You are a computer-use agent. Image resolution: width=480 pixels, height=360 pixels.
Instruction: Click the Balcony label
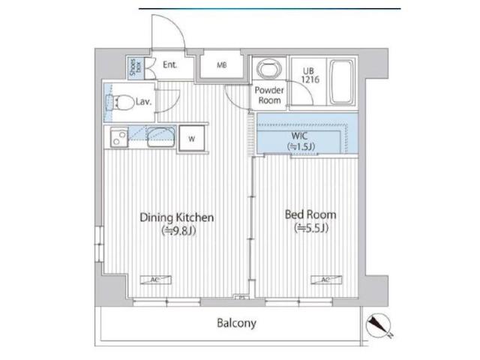click(x=236, y=323)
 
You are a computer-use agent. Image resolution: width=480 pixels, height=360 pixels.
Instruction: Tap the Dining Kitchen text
click(x=177, y=217)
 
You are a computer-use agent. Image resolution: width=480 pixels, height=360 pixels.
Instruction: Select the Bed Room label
click(x=310, y=214)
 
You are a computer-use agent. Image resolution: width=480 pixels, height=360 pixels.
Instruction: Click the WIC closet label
click(x=300, y=136)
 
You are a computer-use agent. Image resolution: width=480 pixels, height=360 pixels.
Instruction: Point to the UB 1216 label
click(x=310, y=75)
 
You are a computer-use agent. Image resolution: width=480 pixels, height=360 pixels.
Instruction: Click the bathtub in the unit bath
click(x=342, y=82)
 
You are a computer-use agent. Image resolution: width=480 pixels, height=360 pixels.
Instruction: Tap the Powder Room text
click(x=269, y=95)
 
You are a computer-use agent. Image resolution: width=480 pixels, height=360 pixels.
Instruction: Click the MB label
click(x=222, y=65)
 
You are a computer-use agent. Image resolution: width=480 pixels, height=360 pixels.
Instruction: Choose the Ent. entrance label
click(x=170, y=65)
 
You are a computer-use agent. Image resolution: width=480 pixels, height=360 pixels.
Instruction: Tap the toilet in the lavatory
click(x=121, y=102)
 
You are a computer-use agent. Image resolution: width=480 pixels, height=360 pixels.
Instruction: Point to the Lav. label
click(x=143, y=102)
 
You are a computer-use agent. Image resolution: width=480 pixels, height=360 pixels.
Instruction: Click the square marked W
click(x=192, y=139)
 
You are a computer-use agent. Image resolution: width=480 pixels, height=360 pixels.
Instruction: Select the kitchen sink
click(x=161, y=136)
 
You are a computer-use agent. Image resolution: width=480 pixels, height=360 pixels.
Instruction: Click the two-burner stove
click(x=119, y=137)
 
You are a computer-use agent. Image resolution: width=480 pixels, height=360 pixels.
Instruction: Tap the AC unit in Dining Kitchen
click(x=155, y=280)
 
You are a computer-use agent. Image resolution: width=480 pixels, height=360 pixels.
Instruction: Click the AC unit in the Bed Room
click(x=326, y=280)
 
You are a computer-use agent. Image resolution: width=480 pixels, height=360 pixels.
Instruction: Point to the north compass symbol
click(x=379, y=325)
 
